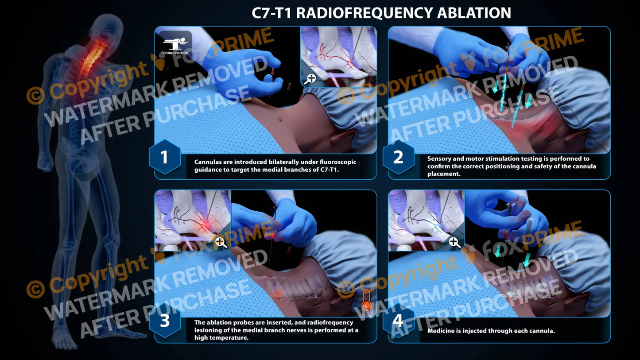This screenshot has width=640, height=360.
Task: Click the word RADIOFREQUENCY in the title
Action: [364, 13]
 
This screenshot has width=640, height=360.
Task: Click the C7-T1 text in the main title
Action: [271, 13]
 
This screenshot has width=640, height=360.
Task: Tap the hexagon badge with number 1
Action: [164, 157]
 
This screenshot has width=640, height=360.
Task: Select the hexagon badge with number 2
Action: [398, 157]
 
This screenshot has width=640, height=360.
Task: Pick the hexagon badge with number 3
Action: [164, 321]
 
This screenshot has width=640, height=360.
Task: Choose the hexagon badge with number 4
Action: [398, 321]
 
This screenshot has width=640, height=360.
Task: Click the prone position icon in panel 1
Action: [175, 43]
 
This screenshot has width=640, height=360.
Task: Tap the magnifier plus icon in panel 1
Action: [311, 79]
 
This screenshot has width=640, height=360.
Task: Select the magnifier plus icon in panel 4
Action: [454, 242]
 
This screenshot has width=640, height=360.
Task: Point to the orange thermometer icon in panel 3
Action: [366, 300]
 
